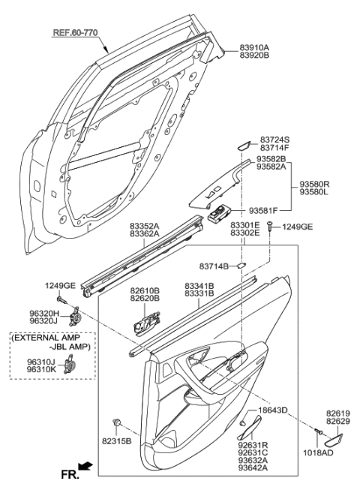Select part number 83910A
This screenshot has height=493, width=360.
tap(255, 47)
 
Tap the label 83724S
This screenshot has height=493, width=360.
tap(274, 140)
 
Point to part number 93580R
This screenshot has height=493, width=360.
tap(315, 183)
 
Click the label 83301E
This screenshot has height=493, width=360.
tap(244, 224)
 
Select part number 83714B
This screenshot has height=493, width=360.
tap(214, 265)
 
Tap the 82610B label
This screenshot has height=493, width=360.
tap(144, 289)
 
